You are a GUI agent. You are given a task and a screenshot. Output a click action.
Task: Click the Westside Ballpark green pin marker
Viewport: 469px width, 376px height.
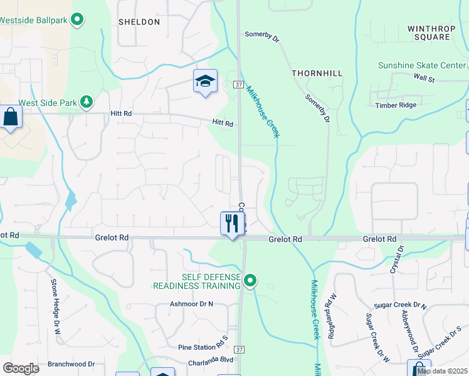tap(77, 20)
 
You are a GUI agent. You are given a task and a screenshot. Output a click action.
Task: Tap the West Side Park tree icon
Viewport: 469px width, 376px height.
tap(86, 102)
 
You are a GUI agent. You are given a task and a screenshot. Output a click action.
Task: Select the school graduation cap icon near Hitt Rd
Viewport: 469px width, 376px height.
tap(205, 81)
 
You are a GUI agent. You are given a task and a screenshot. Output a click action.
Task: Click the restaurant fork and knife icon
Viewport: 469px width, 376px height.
tap(232, 222)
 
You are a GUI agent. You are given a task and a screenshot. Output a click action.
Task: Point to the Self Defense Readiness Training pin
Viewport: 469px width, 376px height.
tap(250, 280)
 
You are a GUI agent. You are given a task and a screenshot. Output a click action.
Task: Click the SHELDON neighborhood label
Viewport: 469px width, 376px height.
tap(139, 22)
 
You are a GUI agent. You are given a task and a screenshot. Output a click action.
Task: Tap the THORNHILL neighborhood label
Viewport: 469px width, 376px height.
tap(317, 73)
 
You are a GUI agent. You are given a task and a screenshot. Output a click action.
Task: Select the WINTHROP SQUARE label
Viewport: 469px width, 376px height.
tap(428, 33)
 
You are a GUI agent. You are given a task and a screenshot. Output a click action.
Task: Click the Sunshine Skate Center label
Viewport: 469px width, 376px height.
tap(421, 65)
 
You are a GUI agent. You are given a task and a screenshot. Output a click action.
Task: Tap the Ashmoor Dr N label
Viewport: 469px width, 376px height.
tap(192, 304)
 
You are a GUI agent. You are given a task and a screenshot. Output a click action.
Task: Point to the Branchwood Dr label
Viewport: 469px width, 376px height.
tap(71, 363)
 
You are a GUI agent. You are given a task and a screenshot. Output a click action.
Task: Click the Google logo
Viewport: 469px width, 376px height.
tap(21, 368)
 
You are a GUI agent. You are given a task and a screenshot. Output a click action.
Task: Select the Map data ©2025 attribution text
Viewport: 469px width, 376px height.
tap(442, 371)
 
